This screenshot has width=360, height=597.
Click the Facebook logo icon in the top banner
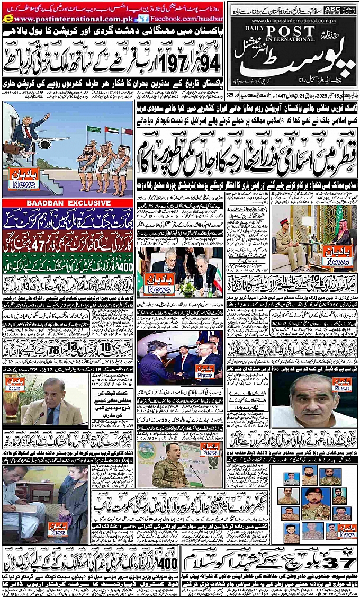pyautogui.click(x=141, y=19)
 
